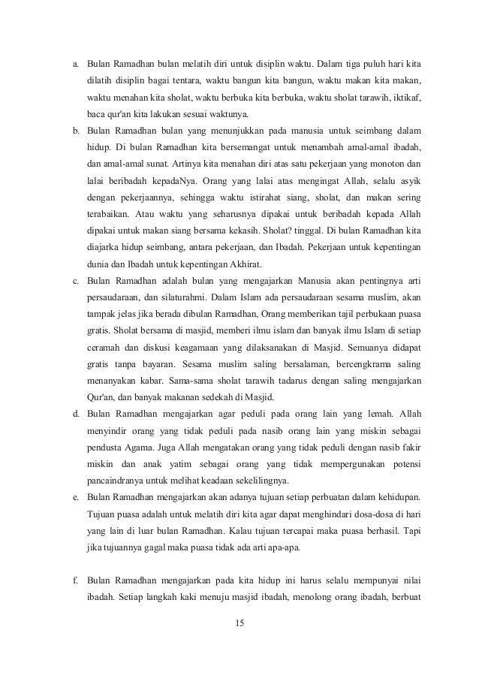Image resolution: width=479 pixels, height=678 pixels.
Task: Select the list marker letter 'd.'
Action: [75, 414]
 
